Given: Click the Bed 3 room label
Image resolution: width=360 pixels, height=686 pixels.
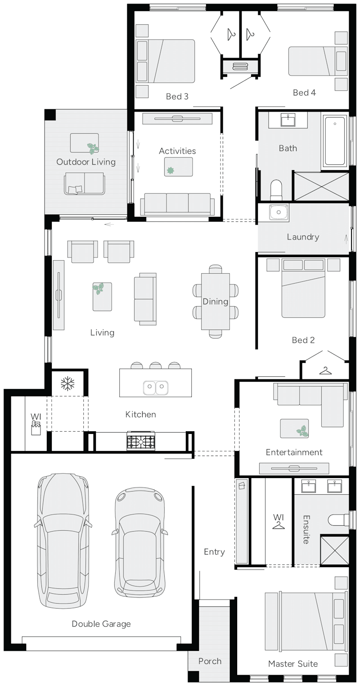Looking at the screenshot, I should [x=177, y=96].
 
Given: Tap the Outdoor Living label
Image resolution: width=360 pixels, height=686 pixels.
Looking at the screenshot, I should [x=85, y=162].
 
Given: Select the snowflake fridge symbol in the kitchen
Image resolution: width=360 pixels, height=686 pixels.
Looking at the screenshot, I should [x=67, y=384].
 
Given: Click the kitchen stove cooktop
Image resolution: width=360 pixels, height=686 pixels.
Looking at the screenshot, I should [x=141, y=442].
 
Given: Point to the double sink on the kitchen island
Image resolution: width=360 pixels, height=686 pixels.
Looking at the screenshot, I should [x=156, y=386].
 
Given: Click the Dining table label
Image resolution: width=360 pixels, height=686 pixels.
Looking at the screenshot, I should [x=215, y=301].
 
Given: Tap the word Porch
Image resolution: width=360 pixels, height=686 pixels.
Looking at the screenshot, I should [x=210, y=661].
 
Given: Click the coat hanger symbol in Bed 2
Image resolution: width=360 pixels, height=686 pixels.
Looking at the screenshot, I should [x=325, y=370].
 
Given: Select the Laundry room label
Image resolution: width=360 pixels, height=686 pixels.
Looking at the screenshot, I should [x=303, y=237].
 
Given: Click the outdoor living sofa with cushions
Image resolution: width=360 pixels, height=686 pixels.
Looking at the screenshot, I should [x=85, y=183].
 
